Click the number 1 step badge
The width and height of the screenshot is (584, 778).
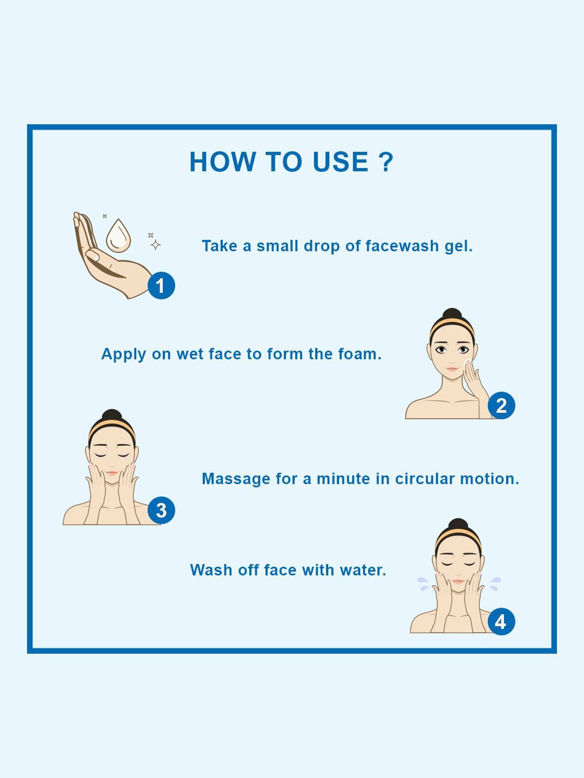(161, 286)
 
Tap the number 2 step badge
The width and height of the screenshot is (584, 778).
(501, 405)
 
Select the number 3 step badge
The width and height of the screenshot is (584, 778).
(161, 510)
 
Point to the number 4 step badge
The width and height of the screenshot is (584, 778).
(501, 622)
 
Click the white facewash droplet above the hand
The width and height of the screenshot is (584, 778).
(118, 236)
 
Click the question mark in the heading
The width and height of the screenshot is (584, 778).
(386, 162)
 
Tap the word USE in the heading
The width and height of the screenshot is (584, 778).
(341, 162)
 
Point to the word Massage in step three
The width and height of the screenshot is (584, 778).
(236, 479)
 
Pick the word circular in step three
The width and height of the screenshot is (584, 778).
(425, 479)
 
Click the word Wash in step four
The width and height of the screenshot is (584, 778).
(211, 570)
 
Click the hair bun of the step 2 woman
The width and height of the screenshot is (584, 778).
(452, 314)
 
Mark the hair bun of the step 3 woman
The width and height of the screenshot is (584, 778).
(112, 415)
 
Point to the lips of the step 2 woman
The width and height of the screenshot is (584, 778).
(452, 368)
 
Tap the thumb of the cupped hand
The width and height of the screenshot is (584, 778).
(93, 256)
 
